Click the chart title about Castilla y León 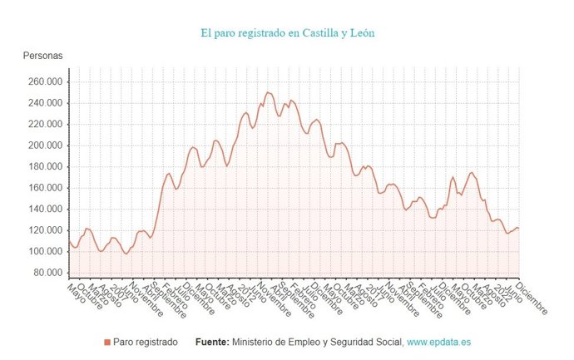tap(287, 33)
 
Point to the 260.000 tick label tap(44, 81)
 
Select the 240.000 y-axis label tap(44, 103)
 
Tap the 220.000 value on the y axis tap(44, 124)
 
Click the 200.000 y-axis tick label tap(44, 145)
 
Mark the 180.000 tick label tap(44, 166)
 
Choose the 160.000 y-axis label tap(44, 188)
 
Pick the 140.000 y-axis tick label tap(44, 209)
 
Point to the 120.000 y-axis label tap(44, 230)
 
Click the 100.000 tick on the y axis tap(44, 251)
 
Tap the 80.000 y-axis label tap(47, 273)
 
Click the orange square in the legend tap(106, 342)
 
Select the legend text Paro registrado tap(145, 342)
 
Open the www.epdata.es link tap(438, 342)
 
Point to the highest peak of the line tap(267, 92)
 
